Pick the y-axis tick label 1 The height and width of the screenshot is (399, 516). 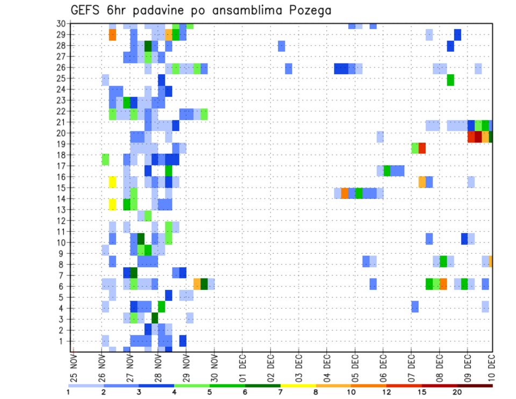[63, 341]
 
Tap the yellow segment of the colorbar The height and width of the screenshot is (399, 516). [298, 386]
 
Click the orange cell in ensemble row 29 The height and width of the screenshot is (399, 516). [112, 34]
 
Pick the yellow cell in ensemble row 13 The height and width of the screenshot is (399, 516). [112, 204]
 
